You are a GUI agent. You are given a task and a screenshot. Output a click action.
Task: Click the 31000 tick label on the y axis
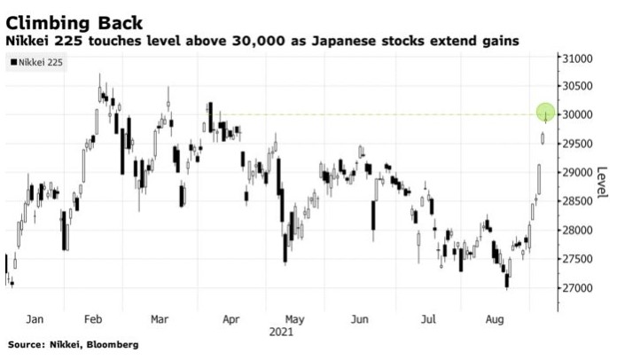[x=575, y=59]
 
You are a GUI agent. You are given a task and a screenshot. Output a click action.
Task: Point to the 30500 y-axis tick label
[x=575, y=86]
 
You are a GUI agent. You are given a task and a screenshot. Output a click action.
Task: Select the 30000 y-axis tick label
[x=575, y=115]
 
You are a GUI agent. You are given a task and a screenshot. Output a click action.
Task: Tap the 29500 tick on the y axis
[x=575, y=144]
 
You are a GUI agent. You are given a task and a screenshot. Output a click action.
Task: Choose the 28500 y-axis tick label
[x=575, y=201]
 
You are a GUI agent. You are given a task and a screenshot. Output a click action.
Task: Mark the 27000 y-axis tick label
[x=575, y=288]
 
